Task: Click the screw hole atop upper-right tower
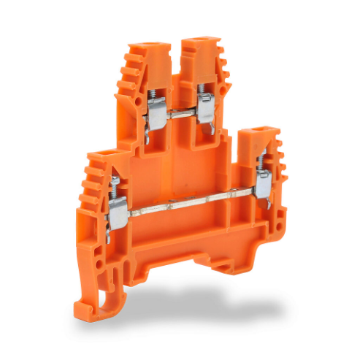(199, 43)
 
